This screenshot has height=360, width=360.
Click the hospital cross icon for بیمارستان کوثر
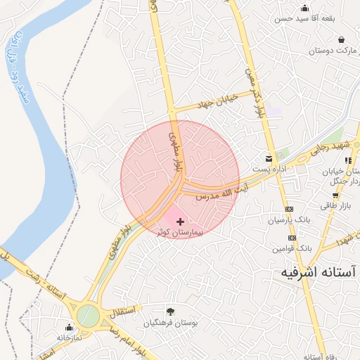click(x=180, y=221)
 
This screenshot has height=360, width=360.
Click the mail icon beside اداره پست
click(x=268, y=159)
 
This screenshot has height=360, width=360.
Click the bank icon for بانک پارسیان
click(x=289, y=210)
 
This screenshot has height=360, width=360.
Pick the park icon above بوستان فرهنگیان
click(x=169, y=311)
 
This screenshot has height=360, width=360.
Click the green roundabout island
click(x=89, y=314)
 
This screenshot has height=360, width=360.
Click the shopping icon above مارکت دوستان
click(x=341, y=40)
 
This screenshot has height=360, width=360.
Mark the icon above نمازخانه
click(x=69, y=327)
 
